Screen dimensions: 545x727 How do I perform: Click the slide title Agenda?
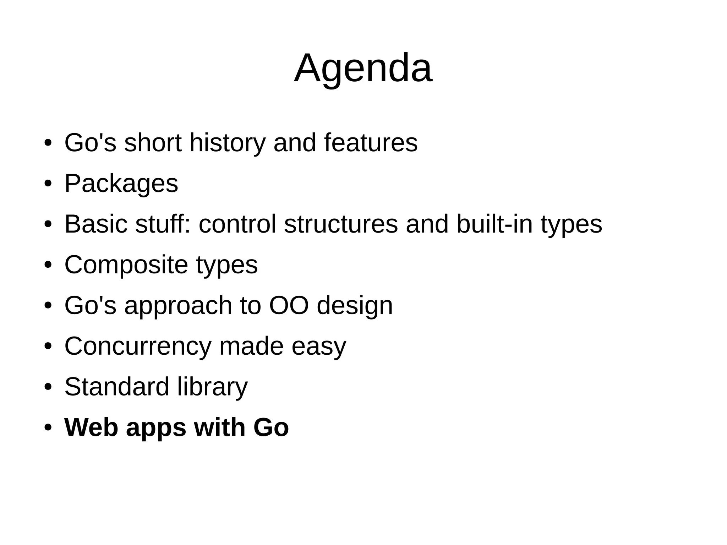coord(363,68)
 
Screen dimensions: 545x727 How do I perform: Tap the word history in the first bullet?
coord(227,143)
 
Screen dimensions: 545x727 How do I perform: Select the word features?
coord(371,143)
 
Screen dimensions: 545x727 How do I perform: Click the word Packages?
coord(121,184)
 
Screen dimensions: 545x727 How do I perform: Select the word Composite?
coord(126,265)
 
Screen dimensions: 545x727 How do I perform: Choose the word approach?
coord(178,306)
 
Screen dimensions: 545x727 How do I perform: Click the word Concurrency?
coord(138,346)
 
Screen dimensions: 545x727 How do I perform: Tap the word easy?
coord(318,347)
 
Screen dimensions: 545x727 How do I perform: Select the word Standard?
coord(117,387)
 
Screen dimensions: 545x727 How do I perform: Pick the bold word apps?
coord(156,428)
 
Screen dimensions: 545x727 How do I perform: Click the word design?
coord(355,306)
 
